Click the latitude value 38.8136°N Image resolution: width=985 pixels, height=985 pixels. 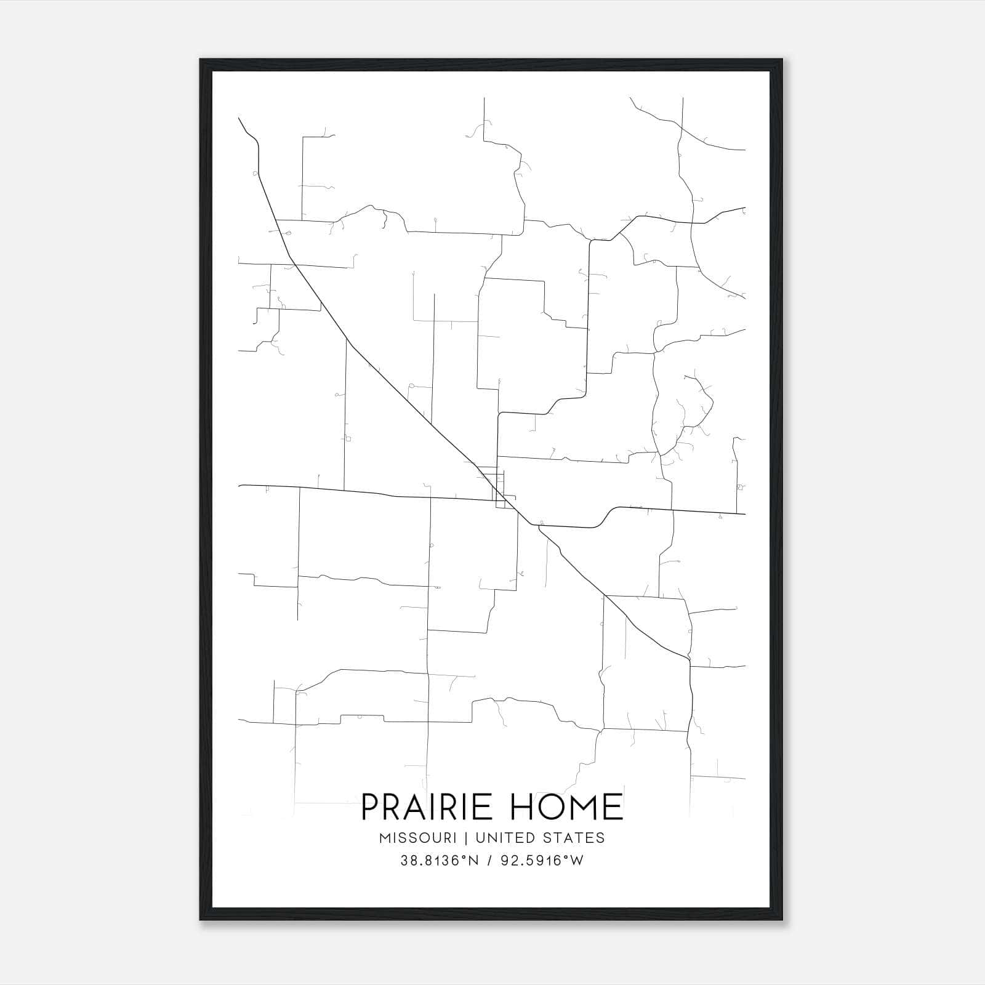pos(439,861)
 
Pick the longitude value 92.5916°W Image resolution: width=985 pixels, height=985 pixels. pos(541,861)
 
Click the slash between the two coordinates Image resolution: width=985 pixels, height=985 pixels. pos(489,861)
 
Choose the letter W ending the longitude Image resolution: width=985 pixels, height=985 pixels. pos(576,861)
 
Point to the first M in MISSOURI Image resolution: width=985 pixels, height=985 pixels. pos(385,838)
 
